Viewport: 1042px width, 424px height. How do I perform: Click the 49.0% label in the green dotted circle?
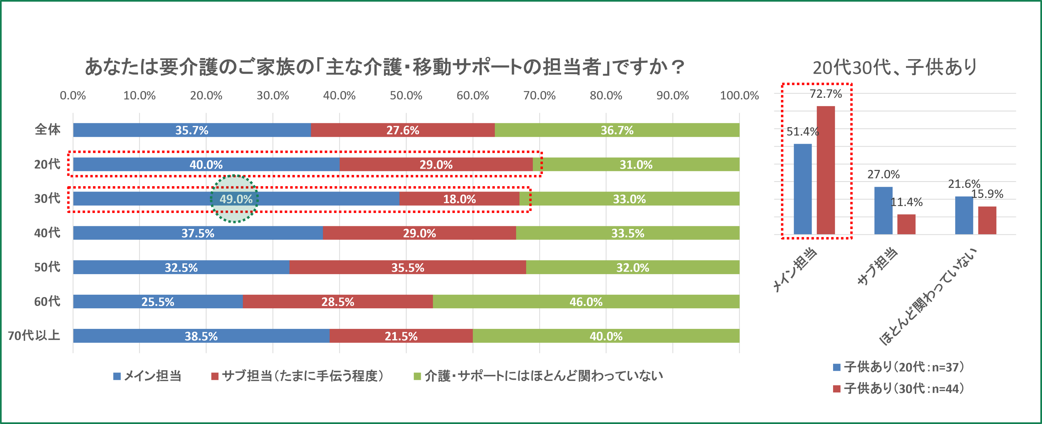(236, 199)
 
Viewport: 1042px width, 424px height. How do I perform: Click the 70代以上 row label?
(34, 335)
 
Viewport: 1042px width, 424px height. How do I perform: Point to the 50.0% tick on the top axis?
(406, 95)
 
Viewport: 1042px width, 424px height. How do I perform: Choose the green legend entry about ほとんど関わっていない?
(538, 376)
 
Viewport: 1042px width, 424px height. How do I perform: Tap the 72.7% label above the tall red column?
(826, 94)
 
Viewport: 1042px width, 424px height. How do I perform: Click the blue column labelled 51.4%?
(803, 189)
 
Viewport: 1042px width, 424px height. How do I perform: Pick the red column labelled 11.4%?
(906, 224)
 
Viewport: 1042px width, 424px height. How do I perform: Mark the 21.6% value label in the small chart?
(964, 184)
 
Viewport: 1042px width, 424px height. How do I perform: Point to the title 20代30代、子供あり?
(895, 67)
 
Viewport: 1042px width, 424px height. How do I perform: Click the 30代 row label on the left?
(47, 198)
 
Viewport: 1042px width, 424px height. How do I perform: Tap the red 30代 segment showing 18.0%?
(460, 199)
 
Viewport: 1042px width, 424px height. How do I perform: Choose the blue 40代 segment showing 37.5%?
(198, 233)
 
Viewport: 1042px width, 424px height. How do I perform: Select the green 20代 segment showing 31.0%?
(636, 165)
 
